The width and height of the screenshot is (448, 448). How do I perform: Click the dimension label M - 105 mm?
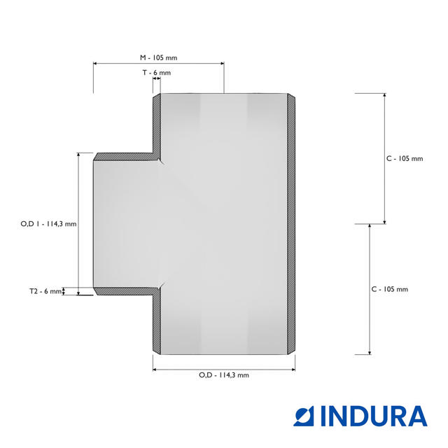tap(159, 57)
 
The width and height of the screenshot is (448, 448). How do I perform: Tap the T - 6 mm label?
tap(157, 73)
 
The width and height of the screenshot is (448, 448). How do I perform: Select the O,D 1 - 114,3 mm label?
tap(48, 224)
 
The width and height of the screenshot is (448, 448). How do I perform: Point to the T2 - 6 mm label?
tap(45, 291)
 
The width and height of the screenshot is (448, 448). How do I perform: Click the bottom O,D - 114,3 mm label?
tap(224, 375)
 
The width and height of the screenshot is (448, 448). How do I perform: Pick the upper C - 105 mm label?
tap(405, 159)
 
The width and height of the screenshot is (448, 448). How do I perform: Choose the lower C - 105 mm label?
tap(390, 289)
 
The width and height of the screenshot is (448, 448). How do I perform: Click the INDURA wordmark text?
tap(374, 416)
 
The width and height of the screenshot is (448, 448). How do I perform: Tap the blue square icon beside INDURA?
tap(304, 416)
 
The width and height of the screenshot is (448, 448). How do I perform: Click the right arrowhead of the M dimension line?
tap(223, 64)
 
